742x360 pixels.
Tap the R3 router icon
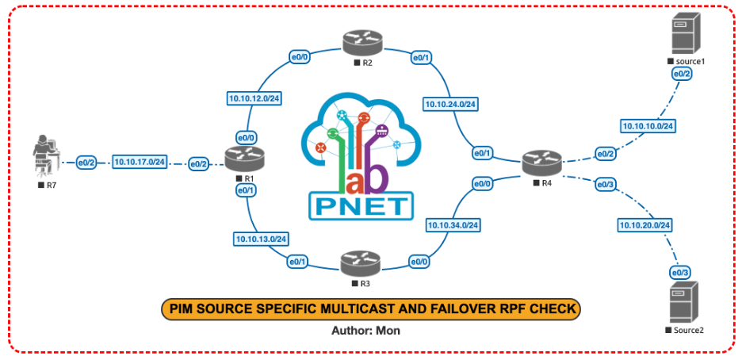(x=356, y=262)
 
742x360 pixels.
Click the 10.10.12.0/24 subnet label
(x=255, y=99)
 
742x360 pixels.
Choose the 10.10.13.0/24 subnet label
(x=261, y=238)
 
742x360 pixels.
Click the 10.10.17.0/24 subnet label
(x=139, y=162)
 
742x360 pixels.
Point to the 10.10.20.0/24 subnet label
(x=644, y=225)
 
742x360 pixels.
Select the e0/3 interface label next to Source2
(x=680, y=272)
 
